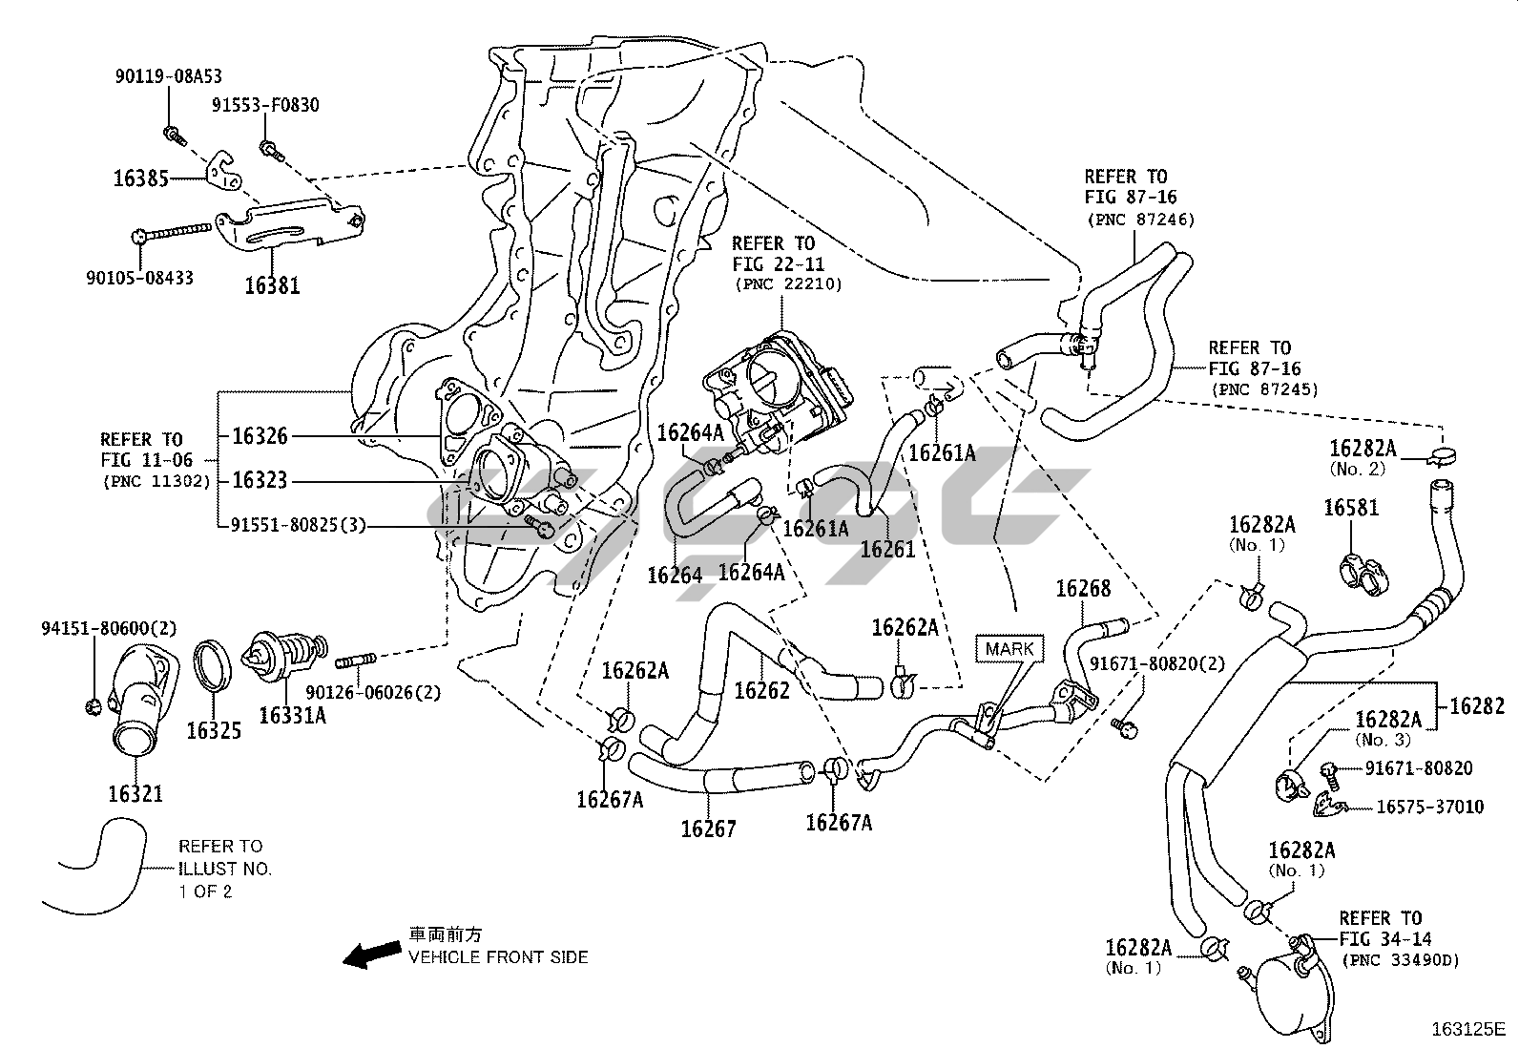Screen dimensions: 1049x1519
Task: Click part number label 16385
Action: click(x=140, y=178)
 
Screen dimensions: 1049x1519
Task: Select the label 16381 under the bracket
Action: click(x=273, y=284)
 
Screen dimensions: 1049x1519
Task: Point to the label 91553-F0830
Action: click(x=265, y=106)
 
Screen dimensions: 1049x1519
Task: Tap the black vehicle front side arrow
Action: click(x=372, y=954)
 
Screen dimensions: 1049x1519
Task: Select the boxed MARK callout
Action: click(x=1009, y=649)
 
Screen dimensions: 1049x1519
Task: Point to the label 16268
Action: click(x=1083, y=589)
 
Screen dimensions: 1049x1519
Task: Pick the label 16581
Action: click(x=1350, y=508)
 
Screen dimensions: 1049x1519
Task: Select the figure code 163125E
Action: click(x=1468, y=1029)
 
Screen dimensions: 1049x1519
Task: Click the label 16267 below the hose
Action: click(x=708, y=829)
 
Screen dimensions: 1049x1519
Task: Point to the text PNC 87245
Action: click(x=1264, y=389)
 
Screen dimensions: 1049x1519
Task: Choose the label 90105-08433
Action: click(x=140, y=278)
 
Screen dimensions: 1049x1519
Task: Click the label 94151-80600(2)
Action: click(x=109, y=628)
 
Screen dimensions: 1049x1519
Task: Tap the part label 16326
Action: click(x=260, y=436)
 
